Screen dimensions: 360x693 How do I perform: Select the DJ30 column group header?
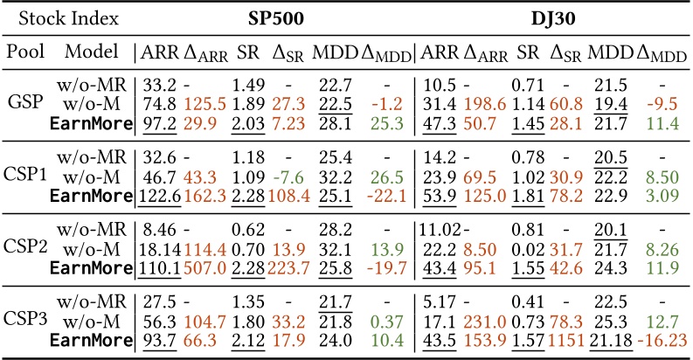pos(551,17)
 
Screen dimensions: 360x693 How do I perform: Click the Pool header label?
pos(26,52)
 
